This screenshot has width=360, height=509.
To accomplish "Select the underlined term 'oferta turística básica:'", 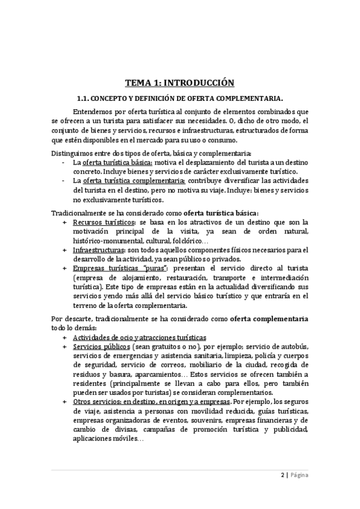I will (118, 163).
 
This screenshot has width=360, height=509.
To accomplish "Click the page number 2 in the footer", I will (283, 475).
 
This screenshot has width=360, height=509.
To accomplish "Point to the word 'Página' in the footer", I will (299, 475).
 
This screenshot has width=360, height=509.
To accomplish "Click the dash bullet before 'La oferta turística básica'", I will (64, 163).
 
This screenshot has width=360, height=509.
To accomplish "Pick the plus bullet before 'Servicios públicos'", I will (64, 347).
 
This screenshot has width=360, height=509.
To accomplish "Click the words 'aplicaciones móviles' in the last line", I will (103, 439).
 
